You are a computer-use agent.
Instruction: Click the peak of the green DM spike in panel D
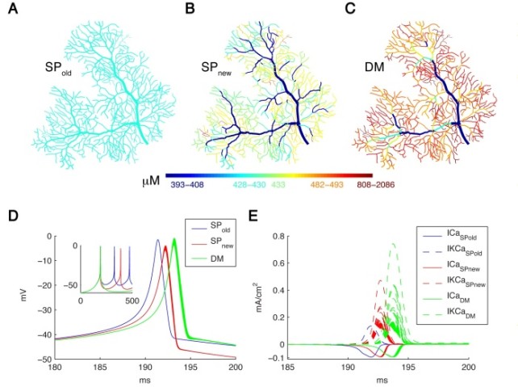[173, 238]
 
